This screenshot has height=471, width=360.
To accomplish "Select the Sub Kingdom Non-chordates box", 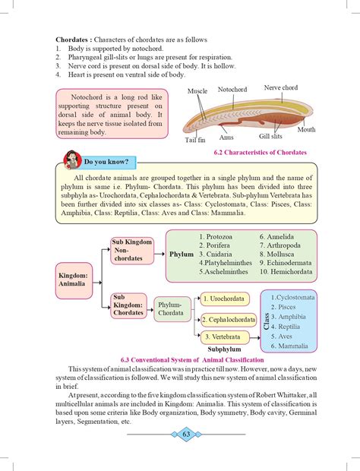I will click(x=131, y=252).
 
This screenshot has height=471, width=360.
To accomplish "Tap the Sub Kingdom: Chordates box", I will click(x=129, y=306).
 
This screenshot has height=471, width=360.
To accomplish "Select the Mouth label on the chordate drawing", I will click(x=306, y=130).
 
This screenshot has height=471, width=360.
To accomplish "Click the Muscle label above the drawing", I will click(x=197, y=91).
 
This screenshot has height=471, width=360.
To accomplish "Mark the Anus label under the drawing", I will click(x=226, y=138).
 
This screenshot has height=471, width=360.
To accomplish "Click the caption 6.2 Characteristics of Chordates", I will click(x=260, y=153).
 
